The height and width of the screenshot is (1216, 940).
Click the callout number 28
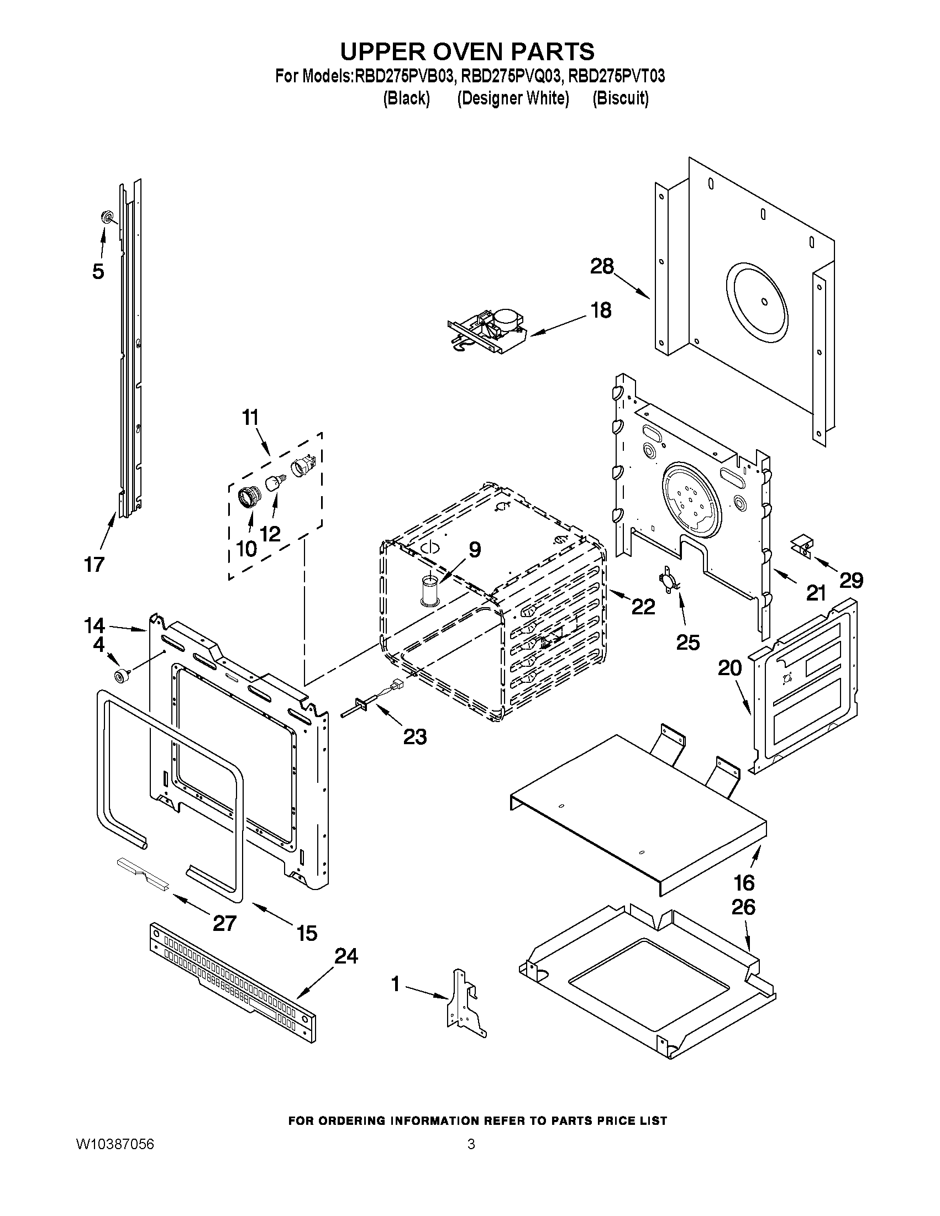[602, 266]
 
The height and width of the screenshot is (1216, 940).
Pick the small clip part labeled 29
[802, 544]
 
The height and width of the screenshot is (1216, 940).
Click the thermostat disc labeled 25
[669, 579]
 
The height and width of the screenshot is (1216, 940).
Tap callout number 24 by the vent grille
[346, 956]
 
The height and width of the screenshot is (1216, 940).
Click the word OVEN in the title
[447, 51]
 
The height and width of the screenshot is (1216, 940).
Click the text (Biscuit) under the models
[621, 98]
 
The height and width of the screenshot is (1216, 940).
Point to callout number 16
[744, 882]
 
